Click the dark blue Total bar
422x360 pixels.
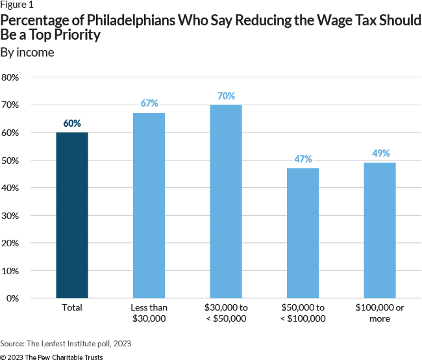(x=72, y=215)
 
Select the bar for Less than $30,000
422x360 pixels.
(x=149, y=205)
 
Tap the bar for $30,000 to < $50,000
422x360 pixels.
(x=226, y=201)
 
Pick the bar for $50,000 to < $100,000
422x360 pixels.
(x=303, y=233)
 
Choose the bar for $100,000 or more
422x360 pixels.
(x=380, y=230)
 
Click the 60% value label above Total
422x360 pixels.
(x=72, y=123)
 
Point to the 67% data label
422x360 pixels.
(x=149, y=104)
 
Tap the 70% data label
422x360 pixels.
(x=226, y=96)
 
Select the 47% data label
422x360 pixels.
(x=303, y=159)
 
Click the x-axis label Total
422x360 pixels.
(x=72, y=308)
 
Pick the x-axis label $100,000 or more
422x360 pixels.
(x=380, y=313)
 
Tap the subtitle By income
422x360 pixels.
(x=27, y=53)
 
